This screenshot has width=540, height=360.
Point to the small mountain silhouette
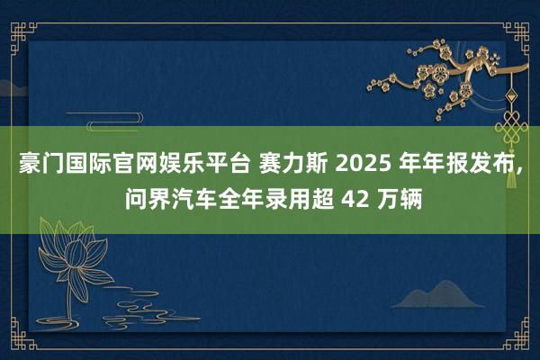tap(442, 292)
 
